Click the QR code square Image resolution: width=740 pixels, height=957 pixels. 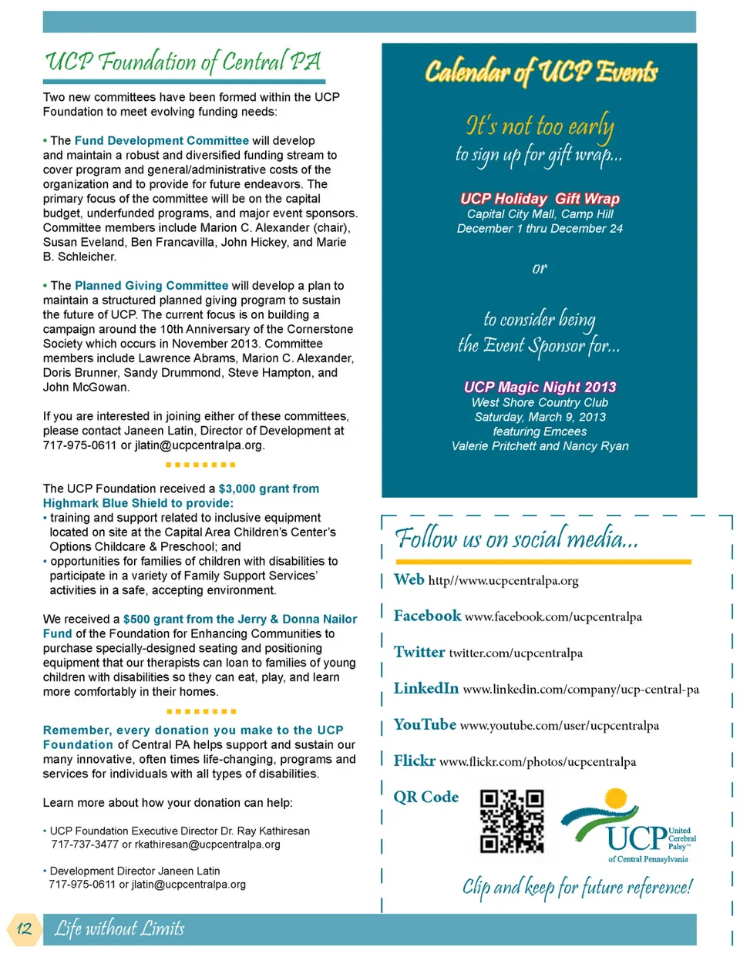512,821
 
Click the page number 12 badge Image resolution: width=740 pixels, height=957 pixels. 24,928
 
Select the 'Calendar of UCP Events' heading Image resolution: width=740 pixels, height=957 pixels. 540,72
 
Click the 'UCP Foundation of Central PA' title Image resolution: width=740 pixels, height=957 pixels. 183,62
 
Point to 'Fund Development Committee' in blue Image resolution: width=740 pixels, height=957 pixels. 161,141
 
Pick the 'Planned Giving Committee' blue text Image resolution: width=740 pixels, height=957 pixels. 151,286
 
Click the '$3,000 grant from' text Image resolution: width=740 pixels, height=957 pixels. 268,489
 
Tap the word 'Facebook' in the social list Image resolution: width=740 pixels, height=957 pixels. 427,616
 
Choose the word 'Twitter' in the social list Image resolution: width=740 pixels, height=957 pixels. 419,652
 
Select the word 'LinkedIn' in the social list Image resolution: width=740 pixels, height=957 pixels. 425,688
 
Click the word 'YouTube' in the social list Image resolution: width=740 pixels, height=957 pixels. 425,724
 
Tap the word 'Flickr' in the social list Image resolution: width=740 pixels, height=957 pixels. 414,761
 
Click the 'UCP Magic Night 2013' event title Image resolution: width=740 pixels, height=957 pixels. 540,387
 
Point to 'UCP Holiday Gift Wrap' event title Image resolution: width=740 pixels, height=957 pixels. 540,199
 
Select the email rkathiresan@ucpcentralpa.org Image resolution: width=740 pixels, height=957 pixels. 207,845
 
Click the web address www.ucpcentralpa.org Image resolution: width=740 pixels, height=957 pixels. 503,581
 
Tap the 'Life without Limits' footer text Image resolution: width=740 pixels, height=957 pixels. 119,928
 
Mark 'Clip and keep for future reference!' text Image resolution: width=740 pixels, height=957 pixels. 577,887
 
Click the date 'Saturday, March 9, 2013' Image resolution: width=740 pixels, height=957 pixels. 540,417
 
